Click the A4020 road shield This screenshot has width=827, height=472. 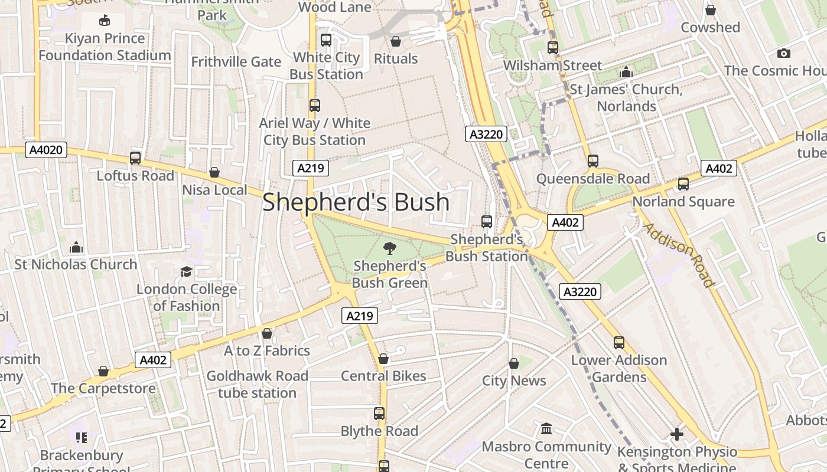(x=46, y=150)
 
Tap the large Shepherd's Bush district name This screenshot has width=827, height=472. (x=356, y=202)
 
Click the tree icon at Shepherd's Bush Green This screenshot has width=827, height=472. (x=389, y=248)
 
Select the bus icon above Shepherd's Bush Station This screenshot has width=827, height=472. (x=487, y=222)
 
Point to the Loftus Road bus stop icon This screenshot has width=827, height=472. (x=135, y=158)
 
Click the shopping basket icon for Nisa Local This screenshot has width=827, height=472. (x=214, y=172)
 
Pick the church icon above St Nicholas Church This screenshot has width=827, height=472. (x=76, y=247)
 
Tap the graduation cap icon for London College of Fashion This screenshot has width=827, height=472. (x=186, y=271)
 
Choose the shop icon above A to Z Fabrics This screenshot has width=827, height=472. (x=267, y=333)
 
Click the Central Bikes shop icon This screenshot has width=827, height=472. (x=383, y=359)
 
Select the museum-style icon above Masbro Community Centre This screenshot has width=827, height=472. (x=546, y=428)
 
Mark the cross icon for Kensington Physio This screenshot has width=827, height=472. (x=677, y=435)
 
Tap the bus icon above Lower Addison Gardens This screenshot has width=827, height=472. (x=619, y=342)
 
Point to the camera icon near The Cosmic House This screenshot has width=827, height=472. (x=784, y=54)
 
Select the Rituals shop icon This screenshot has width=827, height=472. (x=396, y=41)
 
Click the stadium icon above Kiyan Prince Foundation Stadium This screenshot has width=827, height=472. (x=105, y=21)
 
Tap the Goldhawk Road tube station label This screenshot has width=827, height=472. (x=257, y=384)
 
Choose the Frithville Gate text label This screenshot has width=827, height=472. (x=236, y=61)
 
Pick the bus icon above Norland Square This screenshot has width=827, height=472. (x=683, y=183)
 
